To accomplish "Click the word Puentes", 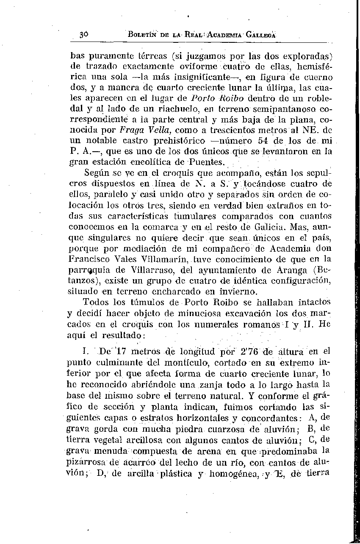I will coord(207,163).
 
